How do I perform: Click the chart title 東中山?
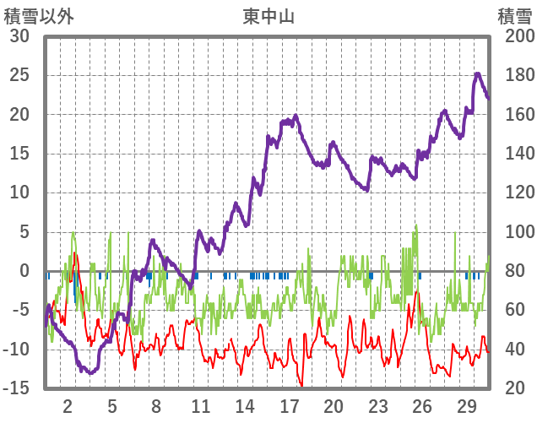268,15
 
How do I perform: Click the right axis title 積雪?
514,15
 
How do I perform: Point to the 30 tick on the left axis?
19,36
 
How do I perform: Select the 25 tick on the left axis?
19,75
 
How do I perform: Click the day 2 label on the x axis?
68,404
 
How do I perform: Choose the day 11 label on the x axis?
200,404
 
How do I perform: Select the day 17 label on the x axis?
289,404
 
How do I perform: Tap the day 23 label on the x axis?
377,404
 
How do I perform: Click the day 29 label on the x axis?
466,404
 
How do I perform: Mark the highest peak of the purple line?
477,74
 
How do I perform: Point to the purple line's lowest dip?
84,371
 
